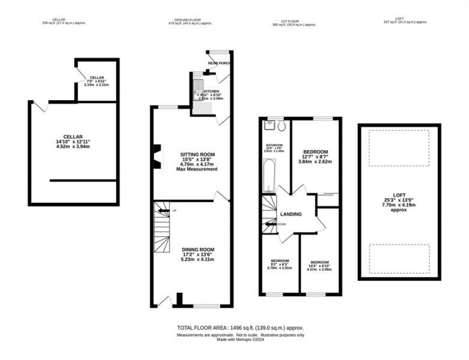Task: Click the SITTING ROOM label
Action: pos(197,154)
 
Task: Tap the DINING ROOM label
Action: pos(197,249)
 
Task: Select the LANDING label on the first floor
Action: pos(291,214)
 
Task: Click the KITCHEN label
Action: pos(212,91)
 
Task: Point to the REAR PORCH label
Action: pos(219,63)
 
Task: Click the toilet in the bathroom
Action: pos(281,126)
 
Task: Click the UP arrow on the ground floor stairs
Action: pos(164,210)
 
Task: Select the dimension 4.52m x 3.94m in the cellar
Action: pos(73,147)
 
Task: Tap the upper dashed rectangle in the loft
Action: pos(399,149)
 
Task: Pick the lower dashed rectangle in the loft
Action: pos(399,259)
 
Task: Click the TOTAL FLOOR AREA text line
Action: pos(241,328)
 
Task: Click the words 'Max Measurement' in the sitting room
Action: pos(197,169)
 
